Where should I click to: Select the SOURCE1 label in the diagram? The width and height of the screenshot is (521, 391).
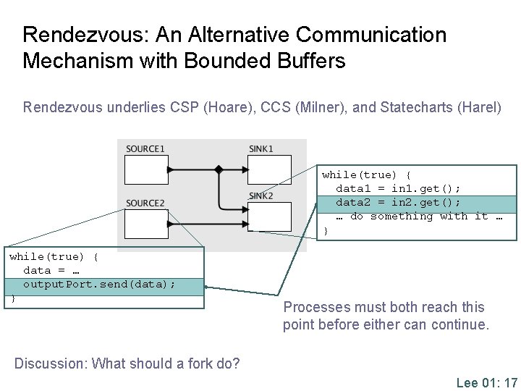pyautogui.click(x=145, y=149)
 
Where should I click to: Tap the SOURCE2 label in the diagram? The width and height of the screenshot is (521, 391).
pyautogui.click(x=145, y=203)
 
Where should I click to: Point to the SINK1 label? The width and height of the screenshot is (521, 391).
pyautogui.click(x=261, y=149)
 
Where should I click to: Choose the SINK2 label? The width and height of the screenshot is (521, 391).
pyautogui.click(x=261, y=196)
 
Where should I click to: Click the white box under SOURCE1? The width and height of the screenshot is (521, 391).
pyautogui.click(x=146, y=169)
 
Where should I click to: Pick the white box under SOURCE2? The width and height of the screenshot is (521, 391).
pyautogui.click(x=146, y=224)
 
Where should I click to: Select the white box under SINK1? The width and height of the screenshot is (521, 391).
pyautogui.click(x=270, y=169)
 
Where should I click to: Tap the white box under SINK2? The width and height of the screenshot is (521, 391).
pyautogui.click(x=270, y=216)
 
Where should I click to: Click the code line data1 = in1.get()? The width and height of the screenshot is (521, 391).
pyautogui.click(x=398, y=188)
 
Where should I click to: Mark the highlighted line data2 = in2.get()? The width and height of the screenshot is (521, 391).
pyautogui.click(x=398, y=202)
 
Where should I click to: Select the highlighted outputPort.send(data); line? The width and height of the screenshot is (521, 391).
pyautogui.click(x=99, y=284)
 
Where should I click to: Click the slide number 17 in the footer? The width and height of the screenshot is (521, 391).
pyautogui.click(x=509, y=382)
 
